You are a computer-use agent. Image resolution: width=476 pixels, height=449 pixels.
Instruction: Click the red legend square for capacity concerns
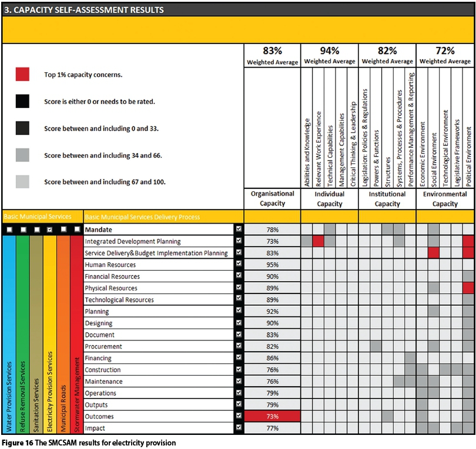[x=22, y=74]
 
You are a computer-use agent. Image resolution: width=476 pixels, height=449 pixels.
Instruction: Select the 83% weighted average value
[x=272, y=50]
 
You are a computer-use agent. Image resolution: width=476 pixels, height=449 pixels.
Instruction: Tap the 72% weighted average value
[x=445, y=50]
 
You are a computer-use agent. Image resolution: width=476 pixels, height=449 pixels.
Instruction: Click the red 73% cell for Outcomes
[x=272, y=417]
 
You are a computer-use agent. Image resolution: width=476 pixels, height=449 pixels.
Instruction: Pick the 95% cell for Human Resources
[x=272, y=265]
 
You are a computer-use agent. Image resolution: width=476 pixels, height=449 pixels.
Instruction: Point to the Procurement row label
[x=104, y=346]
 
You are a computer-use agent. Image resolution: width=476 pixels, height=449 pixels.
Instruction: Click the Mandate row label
[x=99, y=229]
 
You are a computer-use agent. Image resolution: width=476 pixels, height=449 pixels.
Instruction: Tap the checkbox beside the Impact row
[x=239, y=428]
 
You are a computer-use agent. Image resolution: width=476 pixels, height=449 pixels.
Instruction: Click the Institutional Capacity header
[x=387, y=199]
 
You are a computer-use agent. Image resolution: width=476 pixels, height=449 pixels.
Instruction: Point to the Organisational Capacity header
[x=272, y=199]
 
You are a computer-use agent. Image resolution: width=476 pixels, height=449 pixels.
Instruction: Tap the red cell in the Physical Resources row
[x=468, y=288]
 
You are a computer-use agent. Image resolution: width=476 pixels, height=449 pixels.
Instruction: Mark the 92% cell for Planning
[x=272, y=312]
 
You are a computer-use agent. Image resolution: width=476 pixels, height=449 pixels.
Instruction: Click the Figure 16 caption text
[x=89, y=443]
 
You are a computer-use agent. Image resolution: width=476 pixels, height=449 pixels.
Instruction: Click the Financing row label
[x=98, y=358]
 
